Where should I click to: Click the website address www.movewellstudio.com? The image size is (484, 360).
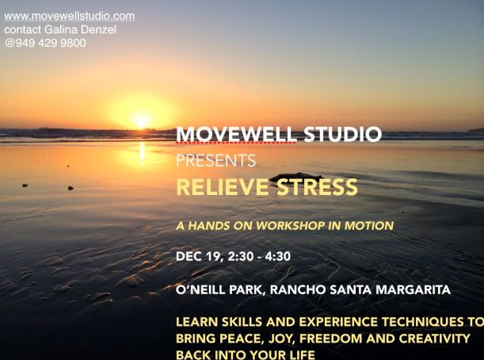coord(70,16)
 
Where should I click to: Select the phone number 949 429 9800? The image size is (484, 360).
coord(50,43)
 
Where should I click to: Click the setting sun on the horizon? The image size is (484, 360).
coord(142,121)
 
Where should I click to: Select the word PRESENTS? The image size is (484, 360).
coord(215,161)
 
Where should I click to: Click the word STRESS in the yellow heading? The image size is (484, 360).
coord(316,188)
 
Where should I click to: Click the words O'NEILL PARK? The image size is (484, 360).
coord(220,289)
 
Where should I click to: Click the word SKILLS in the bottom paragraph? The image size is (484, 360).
coord(240,323)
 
